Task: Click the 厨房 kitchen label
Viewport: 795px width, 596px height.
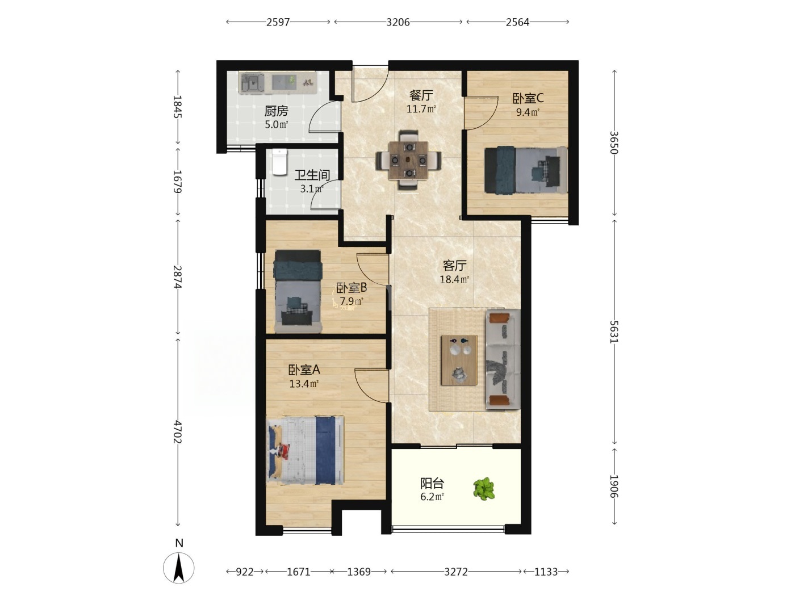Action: click(276, 110)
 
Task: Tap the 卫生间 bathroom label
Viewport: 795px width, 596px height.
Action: click(312, 175)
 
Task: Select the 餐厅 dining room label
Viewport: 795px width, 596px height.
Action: click(421, 95)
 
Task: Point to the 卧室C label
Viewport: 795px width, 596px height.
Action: click(528, 98)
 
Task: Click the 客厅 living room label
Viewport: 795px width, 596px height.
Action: click(454, 266)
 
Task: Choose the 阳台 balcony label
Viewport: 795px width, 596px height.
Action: click(432, 483)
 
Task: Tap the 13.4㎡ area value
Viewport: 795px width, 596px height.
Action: click(304, 384)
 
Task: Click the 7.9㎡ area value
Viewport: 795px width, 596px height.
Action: click(352, 301)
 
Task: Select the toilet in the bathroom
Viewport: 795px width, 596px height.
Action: click(279, 162)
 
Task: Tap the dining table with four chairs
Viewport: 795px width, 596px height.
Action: click(408, 160)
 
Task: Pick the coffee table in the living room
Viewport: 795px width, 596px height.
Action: click(459, 360)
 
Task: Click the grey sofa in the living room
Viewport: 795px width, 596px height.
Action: click(503, 359)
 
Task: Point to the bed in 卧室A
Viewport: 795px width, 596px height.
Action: click(305, 450)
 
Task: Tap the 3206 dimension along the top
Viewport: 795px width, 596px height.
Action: click(397, 23)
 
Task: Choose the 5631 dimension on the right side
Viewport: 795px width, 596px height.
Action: click(614, 331)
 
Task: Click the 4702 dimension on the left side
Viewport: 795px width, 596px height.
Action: click(178, 432)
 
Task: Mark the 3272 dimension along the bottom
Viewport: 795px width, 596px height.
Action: click(456, 572)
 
